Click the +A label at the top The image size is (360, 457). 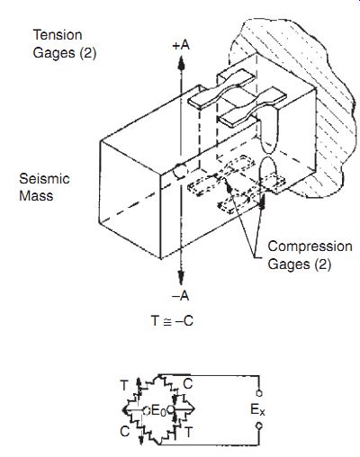pos(181,45)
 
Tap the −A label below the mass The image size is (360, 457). pos(181,296)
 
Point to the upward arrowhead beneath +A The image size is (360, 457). pos(181,63)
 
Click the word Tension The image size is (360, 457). pos(58,35)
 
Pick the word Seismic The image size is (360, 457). pos(44,179)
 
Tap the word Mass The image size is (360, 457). pos(36,196)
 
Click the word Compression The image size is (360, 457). pos(310,246)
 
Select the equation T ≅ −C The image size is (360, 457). pos(172,321)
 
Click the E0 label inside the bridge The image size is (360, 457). pos(158,410)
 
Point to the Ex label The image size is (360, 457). pos(257,409)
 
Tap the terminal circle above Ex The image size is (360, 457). pos(259,393)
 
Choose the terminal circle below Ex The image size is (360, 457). pos(259,426)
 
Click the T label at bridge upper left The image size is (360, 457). pos(124,385)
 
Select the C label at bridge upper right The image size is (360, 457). pos(187,384)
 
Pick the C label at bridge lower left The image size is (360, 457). pos(125,432)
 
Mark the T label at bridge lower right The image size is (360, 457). pos(188,432)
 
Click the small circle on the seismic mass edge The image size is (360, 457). pos(180,171)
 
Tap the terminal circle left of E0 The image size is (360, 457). pos(146,410)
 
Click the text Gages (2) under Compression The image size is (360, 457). pos(300,264)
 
